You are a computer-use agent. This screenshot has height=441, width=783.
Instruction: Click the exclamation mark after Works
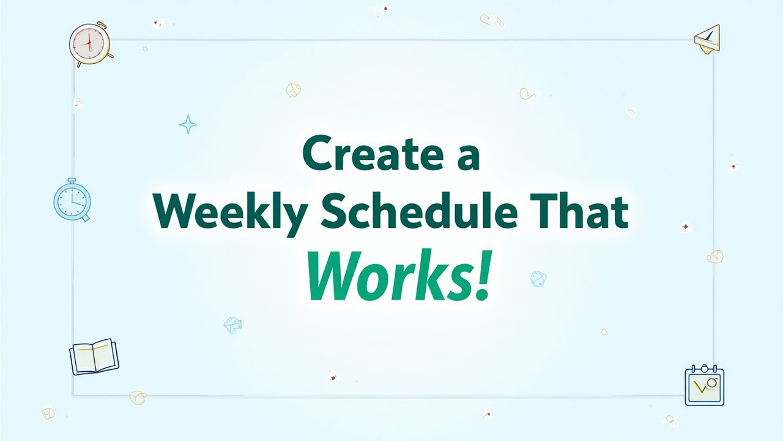click(x=483, y=275)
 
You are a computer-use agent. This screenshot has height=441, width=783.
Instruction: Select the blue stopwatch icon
click(x=72, y=200)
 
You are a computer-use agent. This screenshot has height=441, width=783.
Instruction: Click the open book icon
click(x=94, y=356)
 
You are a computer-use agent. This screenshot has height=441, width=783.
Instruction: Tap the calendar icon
click(x=704, y=385)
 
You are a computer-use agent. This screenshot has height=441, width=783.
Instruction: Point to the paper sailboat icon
click(x=707, y=40)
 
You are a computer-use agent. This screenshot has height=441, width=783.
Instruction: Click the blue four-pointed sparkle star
click(x=188, y=124)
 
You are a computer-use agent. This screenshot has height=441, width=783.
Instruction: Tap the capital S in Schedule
click(x=335, y=211)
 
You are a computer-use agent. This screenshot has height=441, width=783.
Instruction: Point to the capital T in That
click(x=544, y=211)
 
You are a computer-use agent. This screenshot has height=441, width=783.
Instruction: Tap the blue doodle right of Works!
click(x=538, y=279)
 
